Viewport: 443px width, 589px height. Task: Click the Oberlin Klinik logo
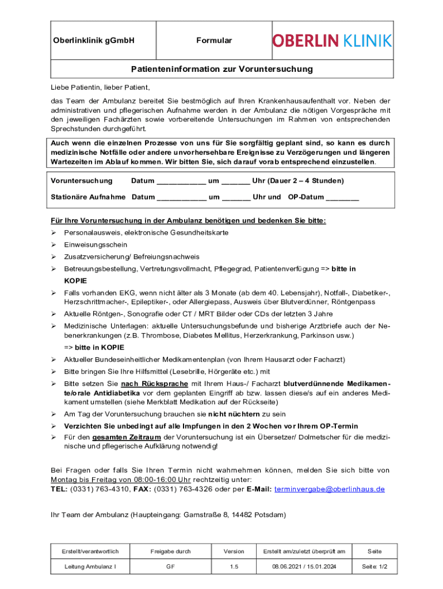tap(332, 40)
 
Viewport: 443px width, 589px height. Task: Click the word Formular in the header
tap(214, 40)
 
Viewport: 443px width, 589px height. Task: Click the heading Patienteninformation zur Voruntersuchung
tap(221, 69)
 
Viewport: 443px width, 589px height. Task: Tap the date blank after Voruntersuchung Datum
tap(181, 182)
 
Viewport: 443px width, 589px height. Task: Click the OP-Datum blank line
tap(342, 198)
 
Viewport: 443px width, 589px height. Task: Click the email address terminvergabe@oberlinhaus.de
tap(330, 489)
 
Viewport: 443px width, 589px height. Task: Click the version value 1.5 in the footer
tap(234, 567)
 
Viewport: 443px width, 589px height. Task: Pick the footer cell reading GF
tap(171, 567)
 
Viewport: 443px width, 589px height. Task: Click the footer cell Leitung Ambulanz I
tap(91, 567)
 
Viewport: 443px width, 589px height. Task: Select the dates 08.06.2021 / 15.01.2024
tap(304, 567)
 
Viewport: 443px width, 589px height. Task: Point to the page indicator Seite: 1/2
tap(375, 567)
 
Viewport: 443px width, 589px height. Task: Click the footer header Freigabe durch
tap(171, 551)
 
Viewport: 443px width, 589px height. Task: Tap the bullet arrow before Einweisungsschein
tap(53, 244)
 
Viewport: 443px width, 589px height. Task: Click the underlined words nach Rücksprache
tap(155, 384)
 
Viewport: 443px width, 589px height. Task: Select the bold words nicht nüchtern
tap(234, 414)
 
